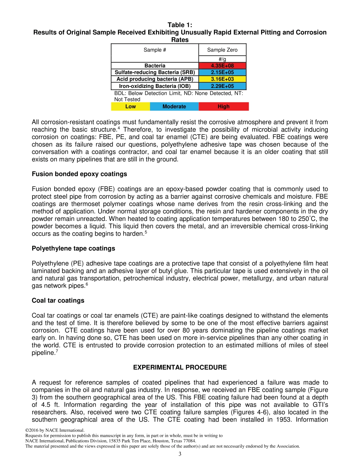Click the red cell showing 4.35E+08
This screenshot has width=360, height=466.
point(222,66)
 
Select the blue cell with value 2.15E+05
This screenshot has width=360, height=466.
point(222,72)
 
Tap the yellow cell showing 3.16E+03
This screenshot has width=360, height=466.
point(222,79)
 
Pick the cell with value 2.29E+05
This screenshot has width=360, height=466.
point(222,86)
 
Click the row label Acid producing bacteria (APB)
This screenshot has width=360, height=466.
point(155,79)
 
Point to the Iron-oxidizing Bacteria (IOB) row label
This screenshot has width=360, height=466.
point(155,86)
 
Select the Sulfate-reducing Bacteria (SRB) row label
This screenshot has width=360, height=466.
point(155,72)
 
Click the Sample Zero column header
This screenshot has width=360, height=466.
point(222,50)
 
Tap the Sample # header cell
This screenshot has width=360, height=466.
point(155,50)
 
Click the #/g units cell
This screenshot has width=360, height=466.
point(222,59)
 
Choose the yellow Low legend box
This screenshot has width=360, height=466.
point(130,106)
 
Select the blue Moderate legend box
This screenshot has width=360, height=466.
point(174,106)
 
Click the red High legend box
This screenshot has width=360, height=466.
point(224,106)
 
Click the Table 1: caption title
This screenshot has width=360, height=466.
point(180,25)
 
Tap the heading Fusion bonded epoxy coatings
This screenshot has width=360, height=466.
point(79,174)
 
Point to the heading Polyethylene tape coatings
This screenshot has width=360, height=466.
point(74,249)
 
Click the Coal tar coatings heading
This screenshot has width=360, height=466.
point(58,300)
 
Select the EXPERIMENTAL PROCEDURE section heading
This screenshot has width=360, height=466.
point(180,367)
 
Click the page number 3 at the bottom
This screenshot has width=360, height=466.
point(180,454)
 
